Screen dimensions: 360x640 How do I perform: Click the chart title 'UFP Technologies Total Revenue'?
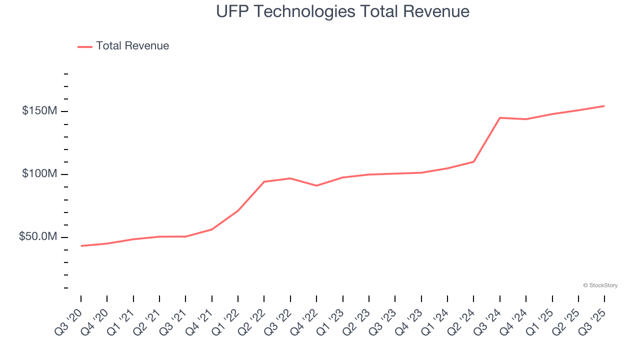point(342,11)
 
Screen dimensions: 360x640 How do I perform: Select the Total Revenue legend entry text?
point(132,46)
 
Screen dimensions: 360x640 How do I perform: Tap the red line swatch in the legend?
point(85,46)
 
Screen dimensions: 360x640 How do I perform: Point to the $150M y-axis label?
point(39,111)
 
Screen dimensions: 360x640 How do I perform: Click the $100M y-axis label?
point(39,174)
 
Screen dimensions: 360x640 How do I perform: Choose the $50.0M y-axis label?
point(38,237)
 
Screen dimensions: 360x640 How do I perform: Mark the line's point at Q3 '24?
point(500,117)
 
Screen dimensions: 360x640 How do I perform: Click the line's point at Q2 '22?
point(264,181)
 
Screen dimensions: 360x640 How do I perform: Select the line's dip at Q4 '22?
point(316,185)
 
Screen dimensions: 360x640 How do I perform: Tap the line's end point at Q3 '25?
point(604,106)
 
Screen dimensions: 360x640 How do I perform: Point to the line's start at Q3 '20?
point(81,246)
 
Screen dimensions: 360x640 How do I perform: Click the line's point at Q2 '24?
point(473,161)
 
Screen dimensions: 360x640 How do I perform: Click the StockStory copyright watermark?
point(600,285)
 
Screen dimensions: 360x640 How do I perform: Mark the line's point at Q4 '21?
point(212,229)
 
